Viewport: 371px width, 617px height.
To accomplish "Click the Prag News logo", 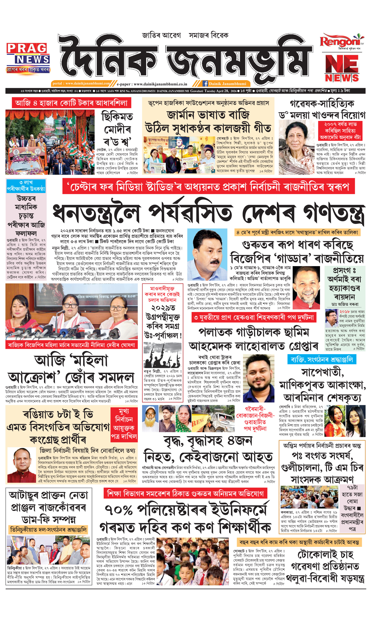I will (x=28, y=58).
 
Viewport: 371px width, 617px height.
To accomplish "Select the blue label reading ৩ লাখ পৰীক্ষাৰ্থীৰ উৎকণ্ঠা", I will (x=26, y=186).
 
